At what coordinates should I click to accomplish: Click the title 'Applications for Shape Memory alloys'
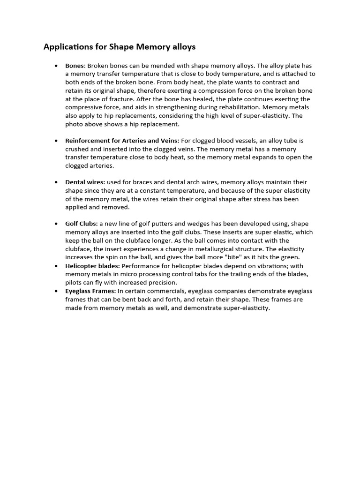(x=120, y=47)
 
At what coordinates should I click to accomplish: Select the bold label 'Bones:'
(x=75, y=66)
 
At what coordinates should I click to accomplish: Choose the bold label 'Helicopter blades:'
(x=92, y=266)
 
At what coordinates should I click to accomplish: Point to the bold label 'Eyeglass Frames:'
(x=90, y=291)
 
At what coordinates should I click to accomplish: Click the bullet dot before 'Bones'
(x=56, y=66)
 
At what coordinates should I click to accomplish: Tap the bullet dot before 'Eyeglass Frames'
(x=56, y=292)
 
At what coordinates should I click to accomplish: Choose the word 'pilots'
(x=75, y=283)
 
